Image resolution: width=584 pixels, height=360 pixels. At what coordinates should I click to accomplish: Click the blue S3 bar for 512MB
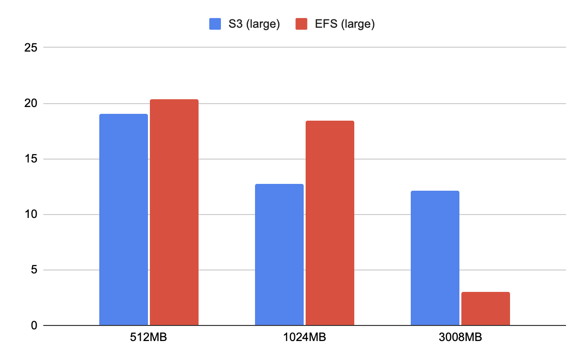click(124, 219)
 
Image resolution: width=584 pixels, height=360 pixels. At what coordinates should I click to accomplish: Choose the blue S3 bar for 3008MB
click(435, 258)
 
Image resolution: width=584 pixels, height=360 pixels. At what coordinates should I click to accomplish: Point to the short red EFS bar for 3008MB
click(486, 308)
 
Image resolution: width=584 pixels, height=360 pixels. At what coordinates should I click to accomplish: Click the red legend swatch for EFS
click(302, 24)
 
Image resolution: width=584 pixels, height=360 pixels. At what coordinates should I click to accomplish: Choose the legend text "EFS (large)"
click(344, 24)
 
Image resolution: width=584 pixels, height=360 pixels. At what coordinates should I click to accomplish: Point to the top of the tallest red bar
click(174, 100)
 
